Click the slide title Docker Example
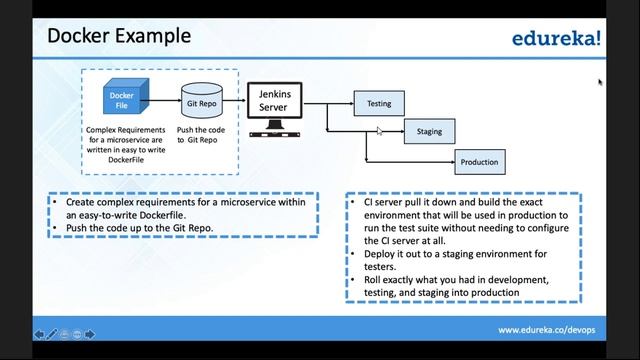click(119, 37)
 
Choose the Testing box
click(379, 103)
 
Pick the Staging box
click(429, 131)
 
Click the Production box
click(478, 161)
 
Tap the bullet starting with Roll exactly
click(455, 285)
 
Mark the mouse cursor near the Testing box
click(379, 130)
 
